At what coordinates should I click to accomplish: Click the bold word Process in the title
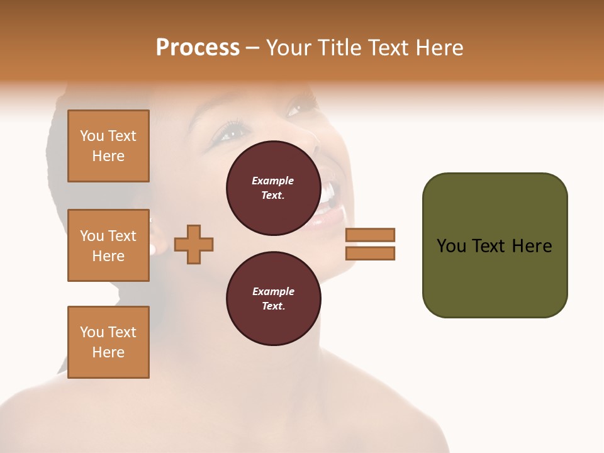pyautogui.click(x=198, y=48)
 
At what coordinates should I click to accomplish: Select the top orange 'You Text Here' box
pyautogui.click(x=108, y=146)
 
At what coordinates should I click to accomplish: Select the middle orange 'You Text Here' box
pyautogui.click(x=108, y=245)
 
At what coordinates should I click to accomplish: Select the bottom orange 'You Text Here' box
pyautogui.click(x=108, y=342)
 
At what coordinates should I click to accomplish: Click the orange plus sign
pyautogui.click(x=194, y=244)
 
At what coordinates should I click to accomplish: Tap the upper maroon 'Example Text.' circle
pyautogui.click(x=273, y=187)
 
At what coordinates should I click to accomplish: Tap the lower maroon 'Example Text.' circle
pyautogui.click(x=273, y=298)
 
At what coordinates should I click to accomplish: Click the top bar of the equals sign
pyautogui.click(x=370, y=235)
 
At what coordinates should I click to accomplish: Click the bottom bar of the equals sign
pyautogui.click(x=370, y=253)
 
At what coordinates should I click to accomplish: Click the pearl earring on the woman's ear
pyautogui.click(x=152, y=249)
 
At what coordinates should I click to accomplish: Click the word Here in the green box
pyautogui.click(x=531, y=246)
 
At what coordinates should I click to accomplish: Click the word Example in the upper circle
pyautogui.click(x=273, y=181)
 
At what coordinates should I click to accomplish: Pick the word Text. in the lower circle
pyautogui.click(x=273, y=306)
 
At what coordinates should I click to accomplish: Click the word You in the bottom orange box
pyautogui.click(x=91, y=332)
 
